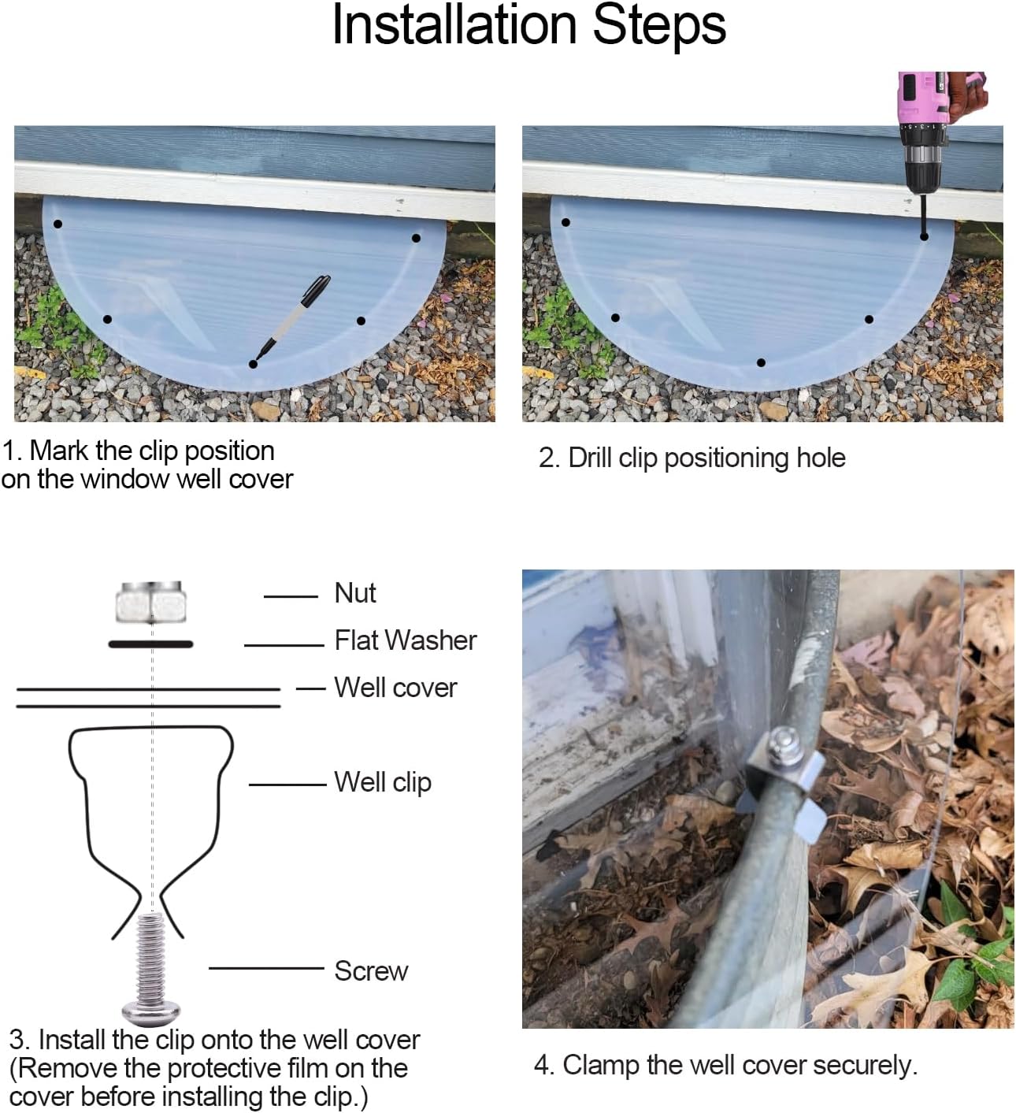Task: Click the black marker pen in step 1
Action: pos(294,317)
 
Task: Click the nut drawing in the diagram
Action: pos(150,602)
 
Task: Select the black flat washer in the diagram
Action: pos(150,644)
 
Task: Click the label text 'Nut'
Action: pos(355,593)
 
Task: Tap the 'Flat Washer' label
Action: pos(405,640)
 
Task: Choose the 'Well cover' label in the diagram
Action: pos(395,688)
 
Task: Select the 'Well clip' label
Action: pos(383,782)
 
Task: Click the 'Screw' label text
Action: pos(371,971)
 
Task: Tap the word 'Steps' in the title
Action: pos(658,25)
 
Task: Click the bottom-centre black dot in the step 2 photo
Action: pos(761,362)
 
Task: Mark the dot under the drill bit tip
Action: pos(924,236)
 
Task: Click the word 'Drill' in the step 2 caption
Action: pos(589,458)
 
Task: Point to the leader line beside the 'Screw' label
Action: pos(266,968)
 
